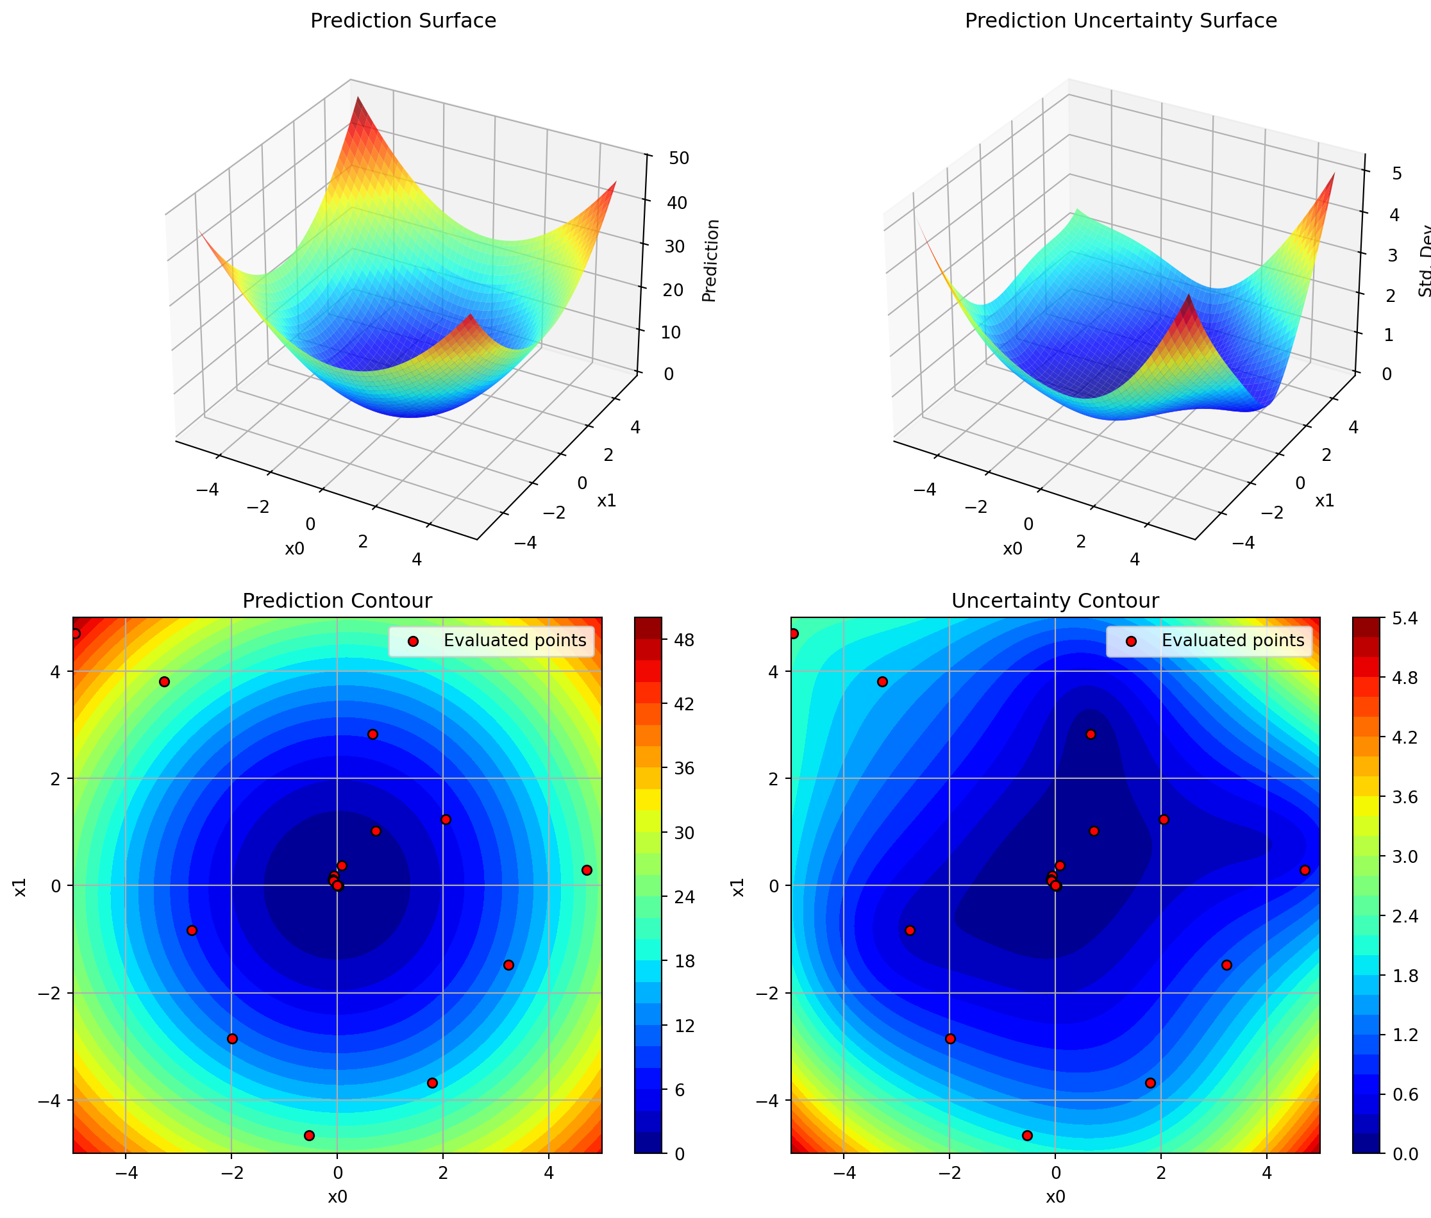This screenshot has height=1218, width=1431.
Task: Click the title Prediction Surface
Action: point(403,21)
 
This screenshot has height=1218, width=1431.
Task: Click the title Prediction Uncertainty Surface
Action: point(1120,21)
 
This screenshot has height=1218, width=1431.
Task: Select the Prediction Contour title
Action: point(337,601)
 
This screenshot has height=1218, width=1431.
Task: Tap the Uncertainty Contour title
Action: point(1055,601)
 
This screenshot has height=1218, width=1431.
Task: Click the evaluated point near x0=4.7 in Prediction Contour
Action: point(587,870)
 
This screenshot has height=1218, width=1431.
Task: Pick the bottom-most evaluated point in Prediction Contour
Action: point(309,1135)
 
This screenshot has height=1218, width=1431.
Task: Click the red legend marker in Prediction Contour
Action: point(413,641)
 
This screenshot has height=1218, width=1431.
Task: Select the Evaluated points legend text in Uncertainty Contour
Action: point(1232,641)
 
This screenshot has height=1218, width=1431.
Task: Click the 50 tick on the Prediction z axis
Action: point(679,158)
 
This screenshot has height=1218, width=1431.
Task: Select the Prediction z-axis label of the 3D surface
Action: point(710,260)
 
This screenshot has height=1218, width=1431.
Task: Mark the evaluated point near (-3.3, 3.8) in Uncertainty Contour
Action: point(882,681)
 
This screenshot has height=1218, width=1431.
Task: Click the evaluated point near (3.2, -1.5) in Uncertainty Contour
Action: point(1226,965)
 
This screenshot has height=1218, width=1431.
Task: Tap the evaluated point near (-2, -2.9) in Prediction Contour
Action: point(232,1039)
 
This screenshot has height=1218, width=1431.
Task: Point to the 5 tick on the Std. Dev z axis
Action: point(1396,173)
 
